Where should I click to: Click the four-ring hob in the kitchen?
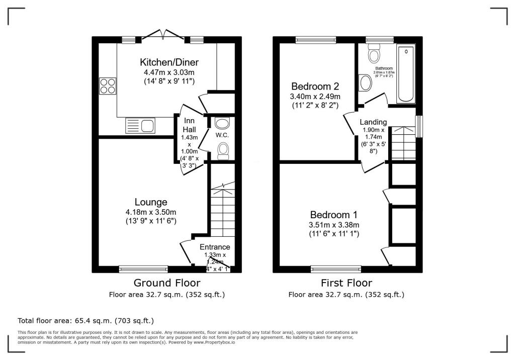click(107, 85)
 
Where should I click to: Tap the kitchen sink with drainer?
click(140, 125)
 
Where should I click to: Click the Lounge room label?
click(150, 202)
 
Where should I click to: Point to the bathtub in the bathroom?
click(406, 73)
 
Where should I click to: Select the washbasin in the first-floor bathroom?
click(366, 83)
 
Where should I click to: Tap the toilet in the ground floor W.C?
click(223, 149)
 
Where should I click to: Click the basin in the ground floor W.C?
click(222, 123)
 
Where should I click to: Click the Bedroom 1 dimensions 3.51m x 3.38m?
click(334, 225)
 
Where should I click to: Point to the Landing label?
click(373, 122)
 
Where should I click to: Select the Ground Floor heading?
click(166, 283)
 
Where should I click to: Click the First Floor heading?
click(346, 283)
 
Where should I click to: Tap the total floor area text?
click(85, 320)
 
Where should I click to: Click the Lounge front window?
click(143, 269)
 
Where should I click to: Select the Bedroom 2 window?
click(315, 39)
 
